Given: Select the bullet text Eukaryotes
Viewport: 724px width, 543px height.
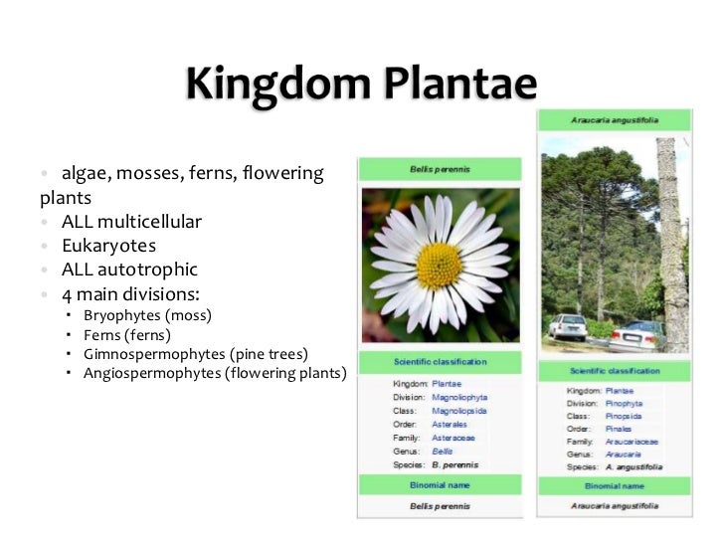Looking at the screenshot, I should (x=108, y=246).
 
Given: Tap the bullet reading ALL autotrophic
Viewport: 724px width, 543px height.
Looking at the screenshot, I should (x=129, y=270).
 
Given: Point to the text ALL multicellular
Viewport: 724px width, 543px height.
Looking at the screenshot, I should (x=131, y=221).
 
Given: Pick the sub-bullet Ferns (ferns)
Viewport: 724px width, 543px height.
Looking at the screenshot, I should (x=127, y=335).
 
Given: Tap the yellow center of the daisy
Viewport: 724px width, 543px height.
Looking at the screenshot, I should (x=439, y=265).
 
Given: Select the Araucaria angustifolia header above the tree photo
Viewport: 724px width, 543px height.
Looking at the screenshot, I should (x=615, y=119).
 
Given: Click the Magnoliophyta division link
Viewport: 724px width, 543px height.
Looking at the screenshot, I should (x=459, y=397).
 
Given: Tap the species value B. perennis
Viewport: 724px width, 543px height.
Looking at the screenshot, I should (x=454, y=464).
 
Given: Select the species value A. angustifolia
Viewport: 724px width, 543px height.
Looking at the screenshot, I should (x=633, y=467).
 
